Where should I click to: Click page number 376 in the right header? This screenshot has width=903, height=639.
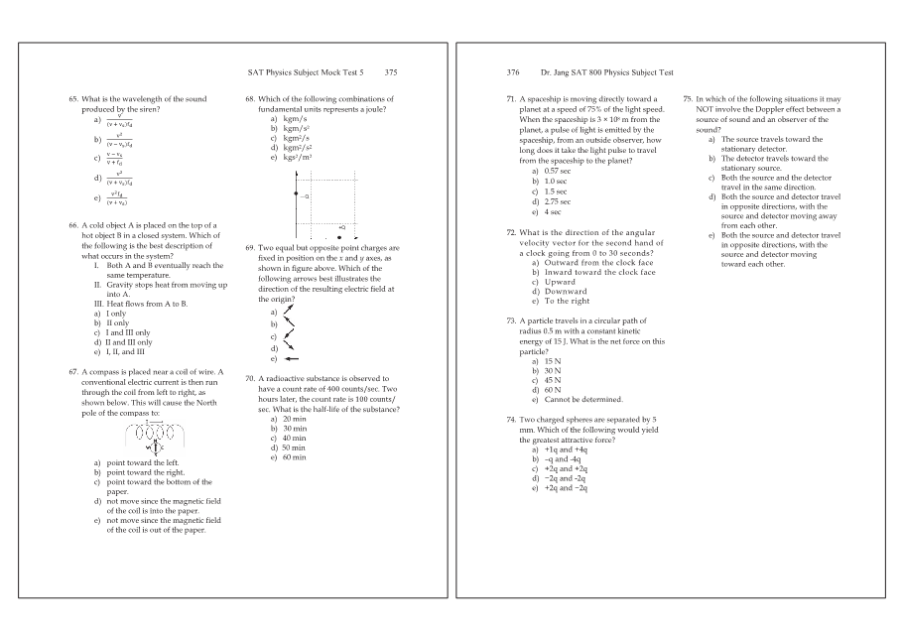coord(513,72)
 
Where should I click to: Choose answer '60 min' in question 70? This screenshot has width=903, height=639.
coord(294,457)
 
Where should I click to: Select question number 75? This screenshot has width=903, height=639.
coord(689,99)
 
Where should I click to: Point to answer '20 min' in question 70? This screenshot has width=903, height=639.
coord(294,419)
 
